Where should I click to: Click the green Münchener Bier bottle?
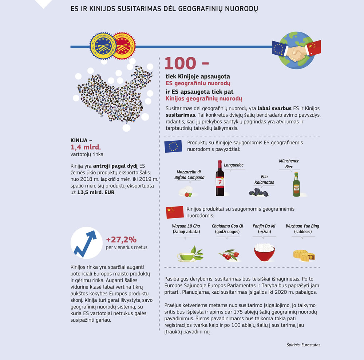[x=297, y=185]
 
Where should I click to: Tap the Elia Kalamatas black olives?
[x=258, y=192]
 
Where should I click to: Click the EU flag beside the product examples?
[x=173, y=146]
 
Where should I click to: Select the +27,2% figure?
[x=121, y=239]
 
